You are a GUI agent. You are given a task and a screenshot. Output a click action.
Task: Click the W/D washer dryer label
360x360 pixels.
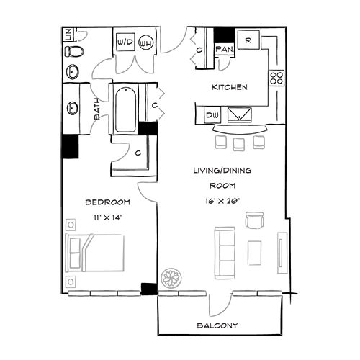click(x=123, y=42)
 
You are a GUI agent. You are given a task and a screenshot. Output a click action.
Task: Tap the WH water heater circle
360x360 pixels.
click(x=145, y=42)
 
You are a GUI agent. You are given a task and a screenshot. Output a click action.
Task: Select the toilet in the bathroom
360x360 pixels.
click(x=73, y=51)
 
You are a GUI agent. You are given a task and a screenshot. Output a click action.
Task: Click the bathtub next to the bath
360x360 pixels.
click(x=125, y=109)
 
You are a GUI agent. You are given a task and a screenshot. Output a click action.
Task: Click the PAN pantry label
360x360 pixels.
click(x=224, y=50)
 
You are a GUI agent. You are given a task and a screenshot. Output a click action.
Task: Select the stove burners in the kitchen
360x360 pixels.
click(x=276, y=78)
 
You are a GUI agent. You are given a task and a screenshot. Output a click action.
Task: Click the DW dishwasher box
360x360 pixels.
click(x=212, y=114)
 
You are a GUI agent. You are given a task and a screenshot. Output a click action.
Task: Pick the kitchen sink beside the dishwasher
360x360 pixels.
click(x=240, y=114)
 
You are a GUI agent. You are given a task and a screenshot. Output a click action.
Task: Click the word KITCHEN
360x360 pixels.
click(x=229, y=87)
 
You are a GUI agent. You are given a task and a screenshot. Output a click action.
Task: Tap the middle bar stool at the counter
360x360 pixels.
click(x=239, y=143)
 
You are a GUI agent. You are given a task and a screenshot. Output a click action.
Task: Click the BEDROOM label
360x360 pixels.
click(x=107, y=202)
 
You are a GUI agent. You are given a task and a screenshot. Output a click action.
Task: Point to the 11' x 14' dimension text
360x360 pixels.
click(x=107, y=216)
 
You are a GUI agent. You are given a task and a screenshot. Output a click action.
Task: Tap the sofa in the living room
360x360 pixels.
click(x=225, y=252)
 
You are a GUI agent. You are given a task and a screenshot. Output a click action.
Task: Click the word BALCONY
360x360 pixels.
click(x=217, y=325)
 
